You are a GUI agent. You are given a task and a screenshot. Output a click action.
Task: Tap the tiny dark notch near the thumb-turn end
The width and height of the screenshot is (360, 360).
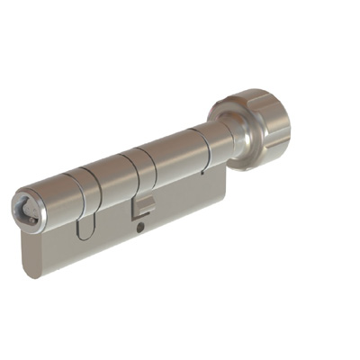pyautogui.click(x=205, y=169)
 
